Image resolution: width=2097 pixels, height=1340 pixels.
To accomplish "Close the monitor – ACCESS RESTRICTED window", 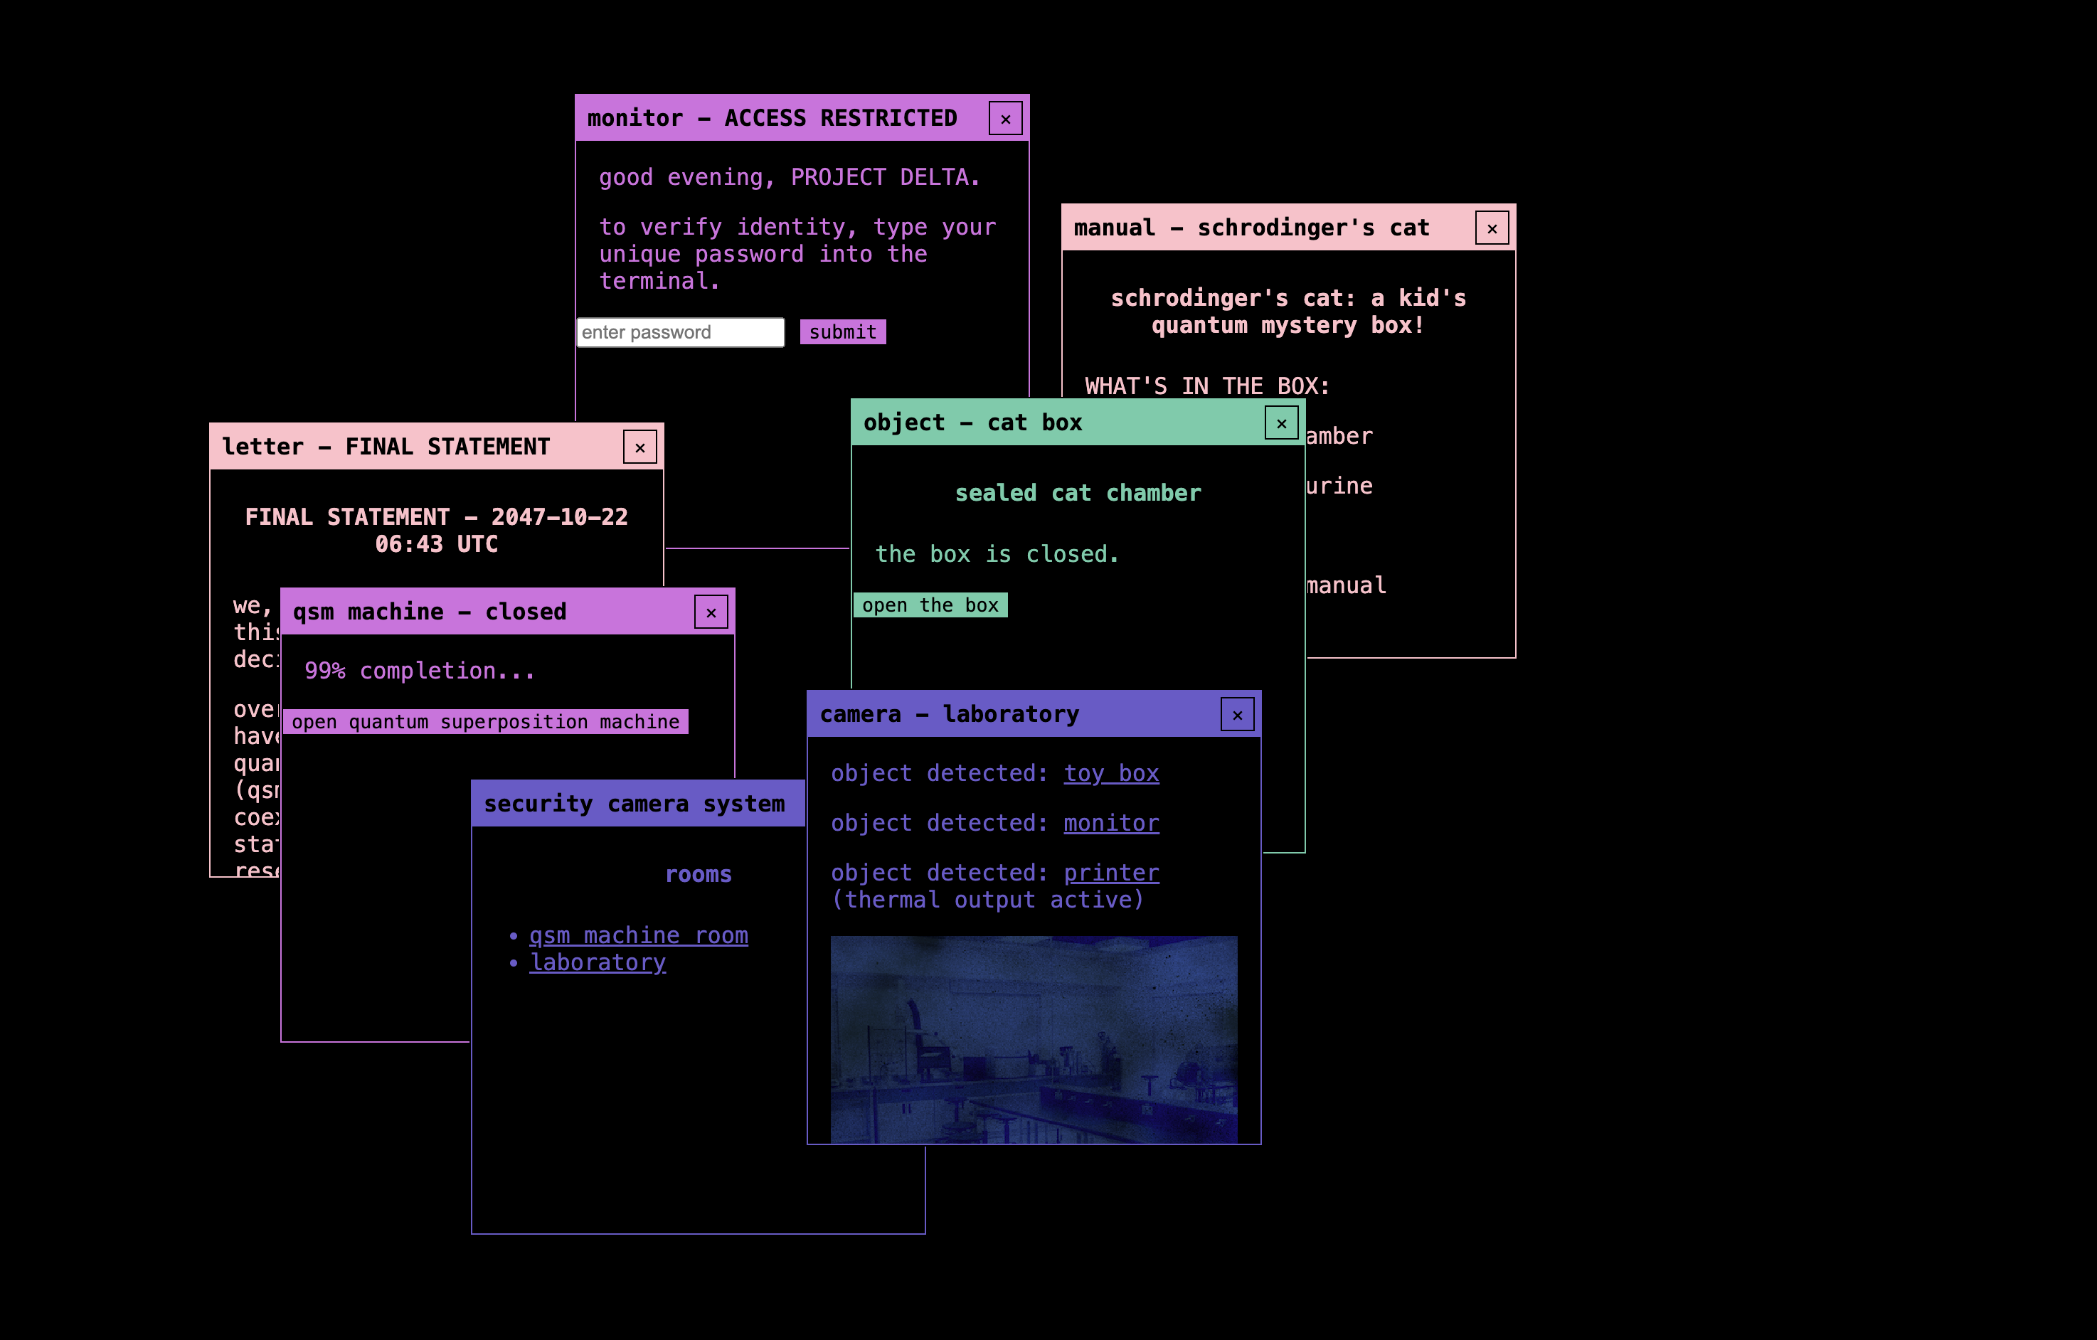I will pyautogui.click(x=1005, y=118).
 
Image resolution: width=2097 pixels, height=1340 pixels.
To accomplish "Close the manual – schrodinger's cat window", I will pyautogui.click(x=1491, y=228).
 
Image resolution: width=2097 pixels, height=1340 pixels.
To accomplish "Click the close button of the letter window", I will pyautogui.click(x=639, y=447).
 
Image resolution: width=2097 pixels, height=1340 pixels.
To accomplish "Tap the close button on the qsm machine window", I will pyautogui.click(x=711, y=612).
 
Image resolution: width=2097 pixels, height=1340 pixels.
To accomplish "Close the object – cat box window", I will pyautogui.click(x=1280, y=423).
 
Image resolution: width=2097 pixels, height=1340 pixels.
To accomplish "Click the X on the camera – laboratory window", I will pyautogui.click(x=1236, y=715).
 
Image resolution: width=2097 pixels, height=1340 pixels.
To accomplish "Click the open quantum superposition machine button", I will pyautogui.click(x=485, y=722).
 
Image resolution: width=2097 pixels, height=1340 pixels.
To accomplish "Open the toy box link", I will pyautogui.click(x=1110, y=773).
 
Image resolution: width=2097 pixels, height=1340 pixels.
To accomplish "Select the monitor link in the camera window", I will pyautogui.click(x=1110, y=823).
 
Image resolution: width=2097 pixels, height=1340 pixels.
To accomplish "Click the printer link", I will pyautogui.click(x=1110, y=873).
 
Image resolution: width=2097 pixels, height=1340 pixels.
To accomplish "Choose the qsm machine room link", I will pyautogui.click(x=638, y=935).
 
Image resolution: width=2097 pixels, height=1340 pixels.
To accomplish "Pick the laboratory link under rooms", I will pyautogui.click(x=598, y=962).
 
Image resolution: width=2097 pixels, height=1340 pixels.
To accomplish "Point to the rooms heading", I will pyautogui.click(x=698, y=874).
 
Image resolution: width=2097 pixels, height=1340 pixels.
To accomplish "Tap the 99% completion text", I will pyautogui.click(x=419, y=671).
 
